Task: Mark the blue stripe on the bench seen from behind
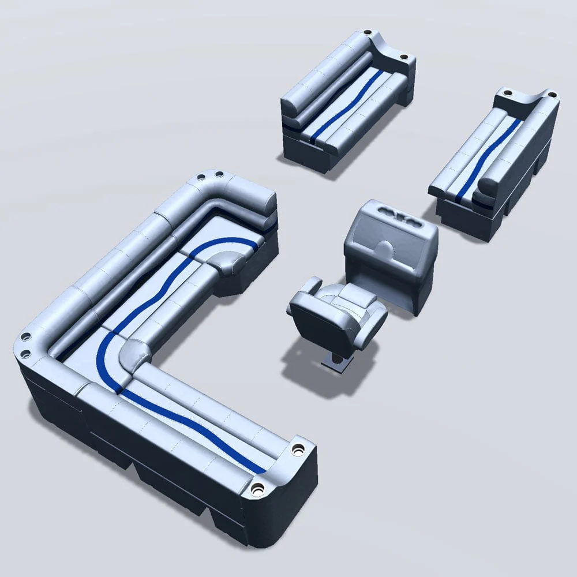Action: tap(490, 150)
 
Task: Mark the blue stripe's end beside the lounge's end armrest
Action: tap(257, 467)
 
